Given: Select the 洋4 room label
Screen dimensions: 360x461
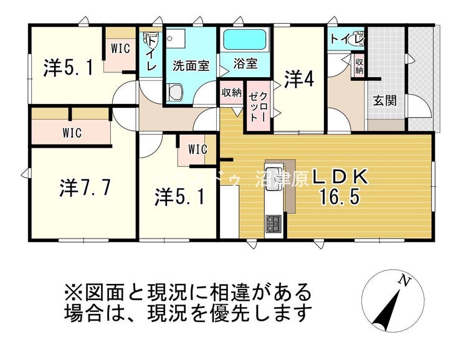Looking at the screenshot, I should pos(298,79).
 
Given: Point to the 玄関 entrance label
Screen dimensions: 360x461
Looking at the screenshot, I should pos(385,100).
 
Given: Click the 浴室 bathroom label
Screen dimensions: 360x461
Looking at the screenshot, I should pos(244,64).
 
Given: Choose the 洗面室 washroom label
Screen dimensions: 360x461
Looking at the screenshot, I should pos(191,64).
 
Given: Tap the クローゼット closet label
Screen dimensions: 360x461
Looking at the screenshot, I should pos(258,107).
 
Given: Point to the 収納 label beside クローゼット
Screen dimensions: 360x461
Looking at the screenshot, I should pos(230,93).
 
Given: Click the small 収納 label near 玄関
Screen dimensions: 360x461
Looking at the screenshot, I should pos(359,65).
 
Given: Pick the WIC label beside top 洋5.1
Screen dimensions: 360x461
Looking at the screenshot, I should pos(120,49).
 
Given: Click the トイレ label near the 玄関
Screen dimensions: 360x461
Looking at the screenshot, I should pos(346,39).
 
